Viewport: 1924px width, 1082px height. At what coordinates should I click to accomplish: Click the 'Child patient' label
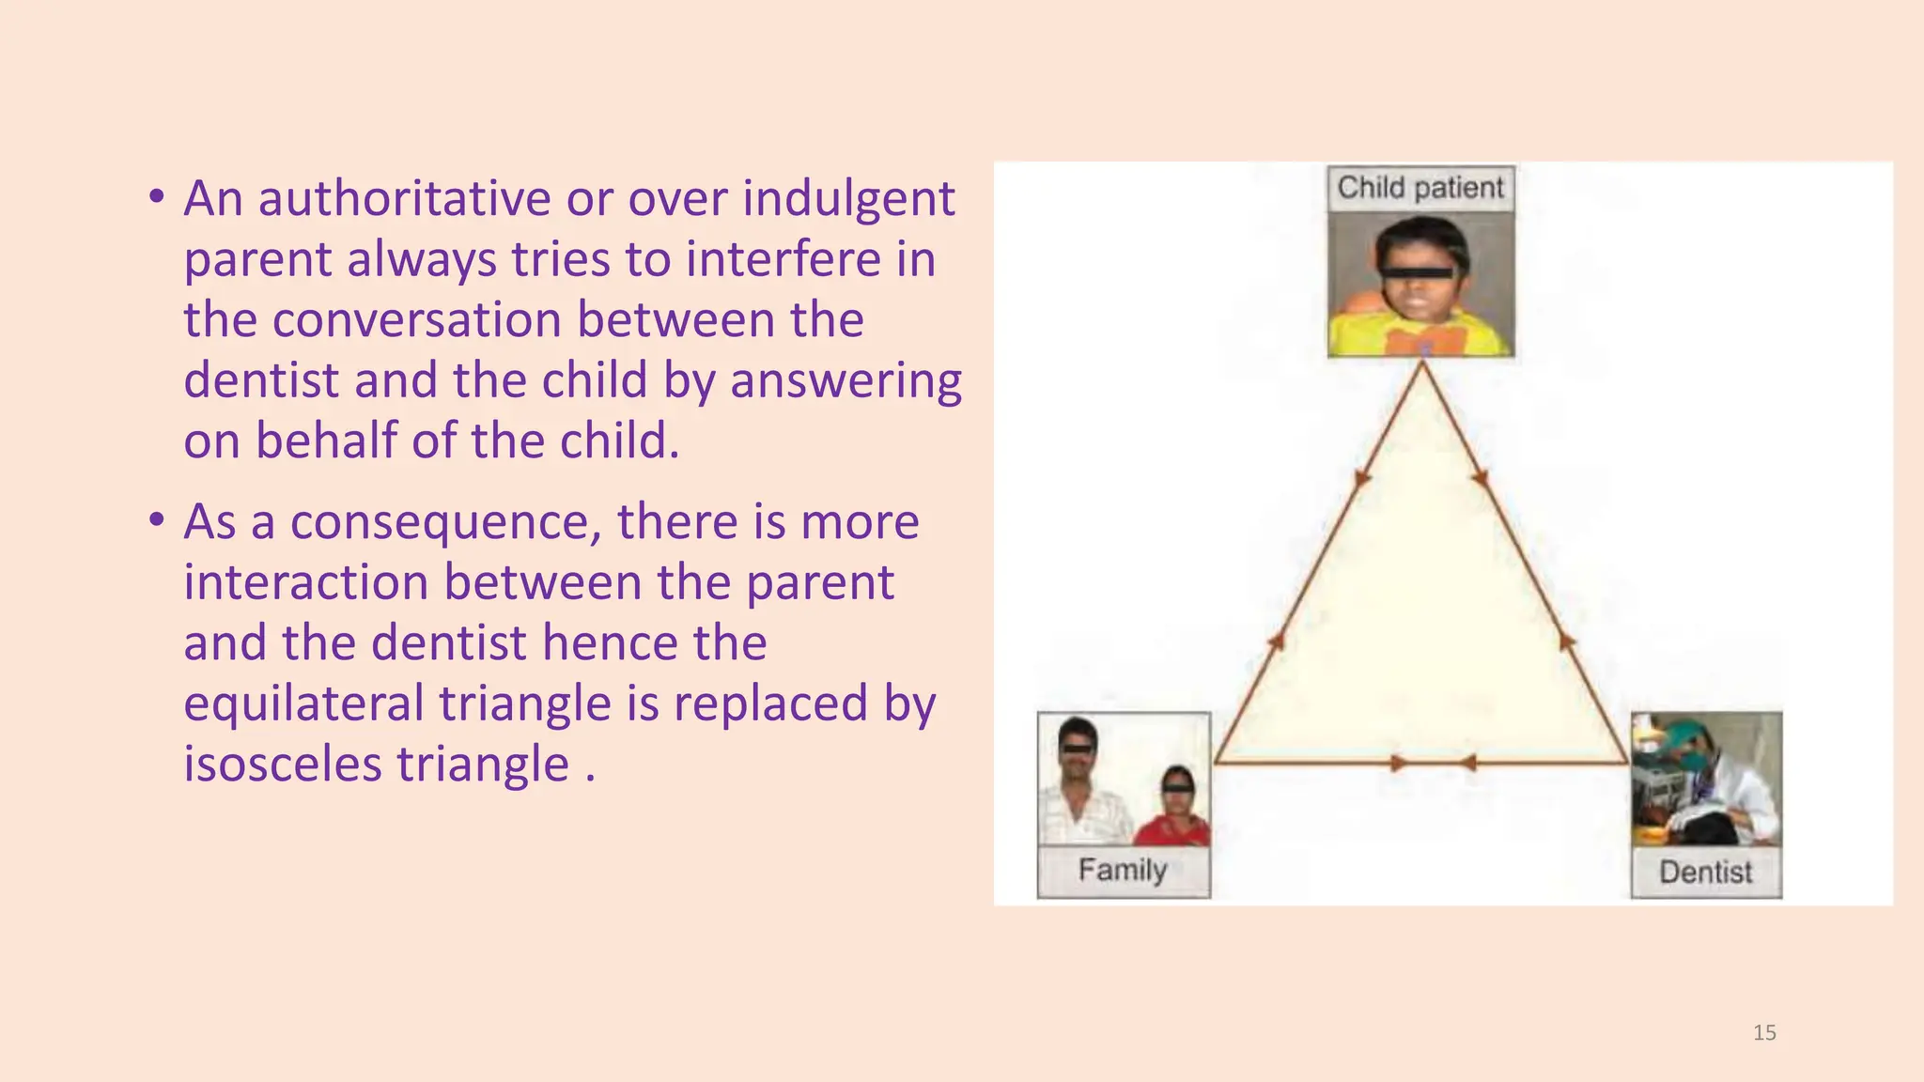(x=1420, y=188)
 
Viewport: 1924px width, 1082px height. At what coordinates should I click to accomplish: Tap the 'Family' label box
(x=1123, y=871)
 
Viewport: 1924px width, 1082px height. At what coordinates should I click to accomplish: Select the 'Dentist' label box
(x=1705, y=873)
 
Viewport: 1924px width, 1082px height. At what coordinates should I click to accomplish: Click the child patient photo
(x=1420, y=284)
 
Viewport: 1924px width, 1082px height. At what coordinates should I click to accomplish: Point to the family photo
(x=1124, y=780)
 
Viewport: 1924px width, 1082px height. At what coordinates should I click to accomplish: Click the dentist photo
(x=1706, y=780)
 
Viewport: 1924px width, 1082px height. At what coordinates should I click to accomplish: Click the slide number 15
(x=1764, y=1033)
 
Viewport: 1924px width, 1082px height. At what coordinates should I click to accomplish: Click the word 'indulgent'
(x=848, y=199)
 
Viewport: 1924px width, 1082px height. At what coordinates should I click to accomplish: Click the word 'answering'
(x=846, y=381)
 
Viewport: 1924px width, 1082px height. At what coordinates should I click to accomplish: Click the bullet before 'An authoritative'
(x=157, y=196)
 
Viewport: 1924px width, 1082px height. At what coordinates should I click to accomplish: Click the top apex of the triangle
(x=1422, y=363)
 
